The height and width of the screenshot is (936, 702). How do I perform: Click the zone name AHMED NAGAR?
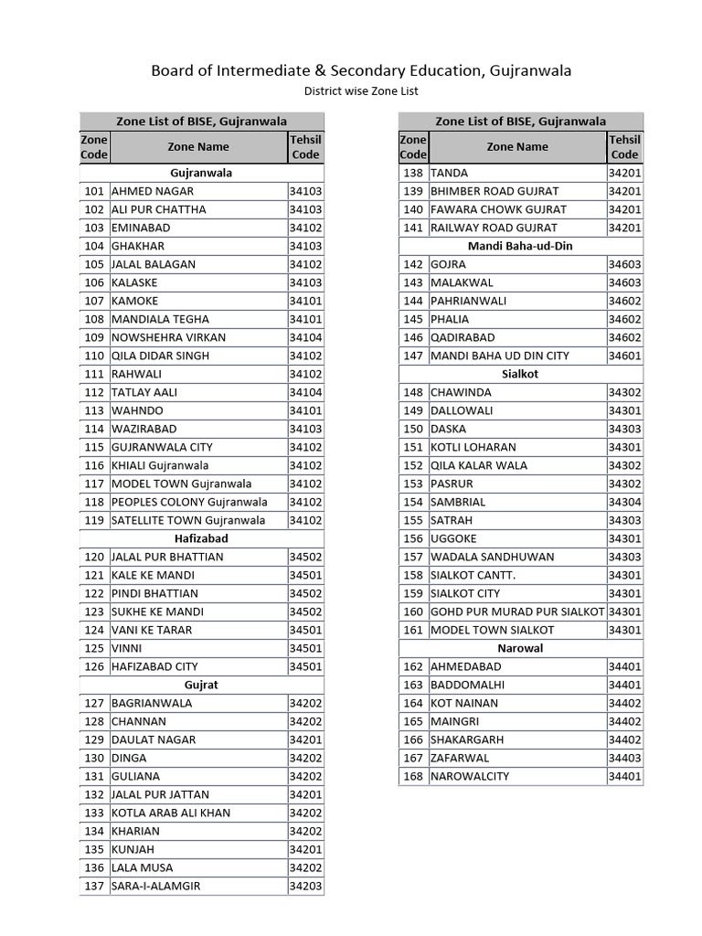[153, 191]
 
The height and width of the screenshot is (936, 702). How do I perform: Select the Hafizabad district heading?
[201, 538]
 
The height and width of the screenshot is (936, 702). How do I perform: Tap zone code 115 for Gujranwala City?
[94, 447]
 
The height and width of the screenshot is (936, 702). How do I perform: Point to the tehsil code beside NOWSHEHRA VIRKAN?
[305, 337]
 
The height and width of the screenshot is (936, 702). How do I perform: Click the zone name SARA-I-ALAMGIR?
[155, 886]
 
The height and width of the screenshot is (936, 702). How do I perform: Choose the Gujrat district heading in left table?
[201, 685]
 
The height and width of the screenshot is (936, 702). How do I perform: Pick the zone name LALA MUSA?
[142, 867]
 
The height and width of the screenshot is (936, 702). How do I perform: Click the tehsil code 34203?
[305, 886]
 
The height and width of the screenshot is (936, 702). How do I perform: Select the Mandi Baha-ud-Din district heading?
[520, 246]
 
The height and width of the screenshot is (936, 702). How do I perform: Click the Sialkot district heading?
[520, 374]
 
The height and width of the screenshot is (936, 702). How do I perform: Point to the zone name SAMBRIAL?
[458, 502]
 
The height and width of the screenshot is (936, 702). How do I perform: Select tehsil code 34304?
[625, 502]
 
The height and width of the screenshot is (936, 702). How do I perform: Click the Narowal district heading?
[520, 648]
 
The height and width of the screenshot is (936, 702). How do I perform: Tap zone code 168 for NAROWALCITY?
[413, 776]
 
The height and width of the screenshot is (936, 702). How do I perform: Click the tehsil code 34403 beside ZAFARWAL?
[625, 758]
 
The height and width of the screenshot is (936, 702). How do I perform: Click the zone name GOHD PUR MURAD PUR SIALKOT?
[517, 612]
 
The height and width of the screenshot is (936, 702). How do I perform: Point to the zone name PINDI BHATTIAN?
[154, 593]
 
